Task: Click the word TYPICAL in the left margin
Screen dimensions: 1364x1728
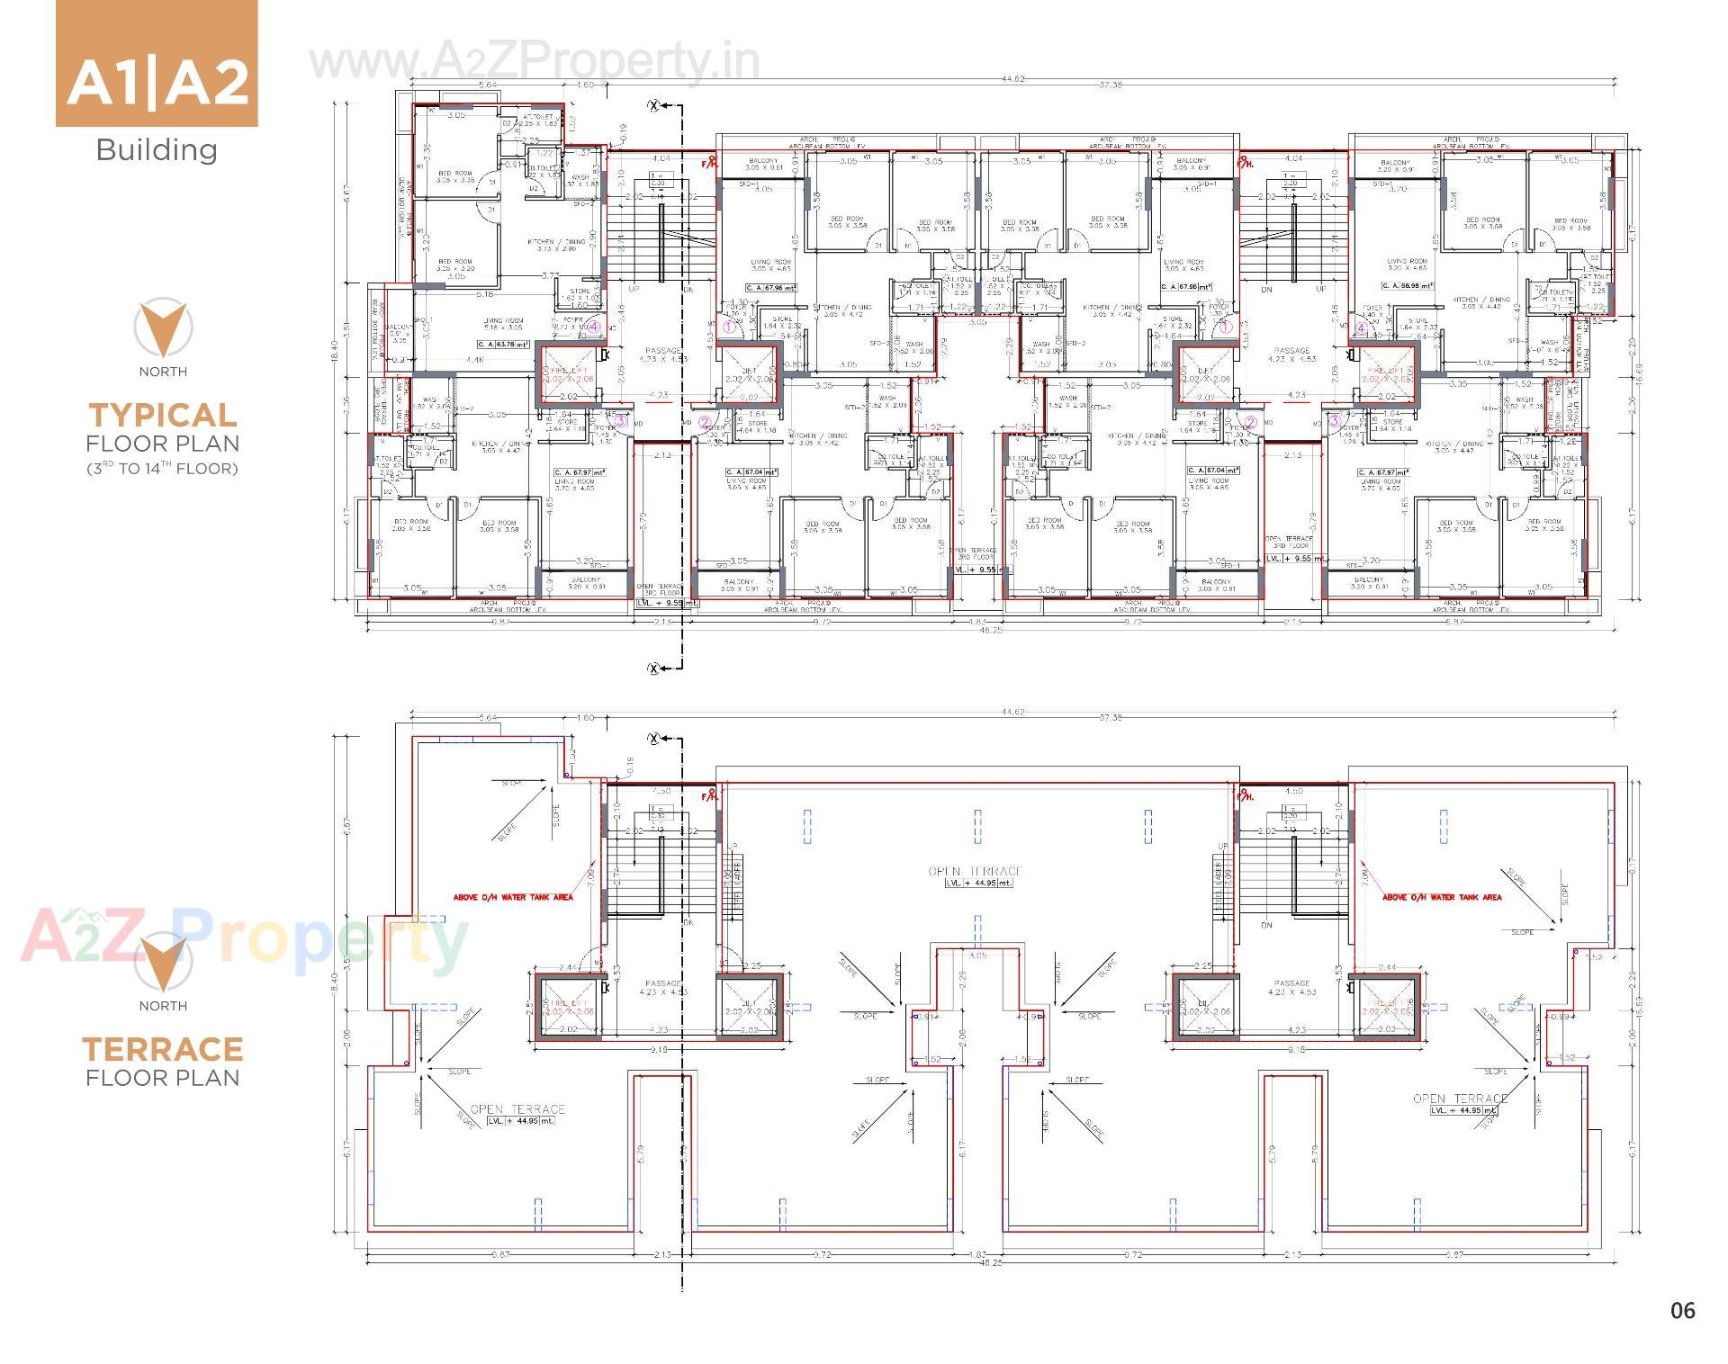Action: click(x=163, y=415)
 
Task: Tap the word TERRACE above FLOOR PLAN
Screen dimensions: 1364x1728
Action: click(x=163, y=1049)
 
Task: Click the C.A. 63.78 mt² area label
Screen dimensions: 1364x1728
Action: click(x=503, y=344)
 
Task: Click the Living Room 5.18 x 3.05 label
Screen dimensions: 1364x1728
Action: click(x=503, y=324)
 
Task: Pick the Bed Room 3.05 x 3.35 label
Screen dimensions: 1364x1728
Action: click(x=454, y=176)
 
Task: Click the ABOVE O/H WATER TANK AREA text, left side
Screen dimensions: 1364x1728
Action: click(x=512, y=897)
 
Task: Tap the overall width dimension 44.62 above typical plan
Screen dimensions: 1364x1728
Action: click(x=1012, y=79)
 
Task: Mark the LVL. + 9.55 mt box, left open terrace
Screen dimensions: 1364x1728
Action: click(x=667, y=603)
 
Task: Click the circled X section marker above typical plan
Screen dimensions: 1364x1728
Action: click(x=654, y=106)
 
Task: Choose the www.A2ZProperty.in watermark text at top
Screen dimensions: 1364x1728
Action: click(x=534, y=61)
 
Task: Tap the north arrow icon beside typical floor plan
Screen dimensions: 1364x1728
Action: click(x=163, y=328)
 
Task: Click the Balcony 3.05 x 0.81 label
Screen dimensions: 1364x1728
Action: click(x=763, y=164)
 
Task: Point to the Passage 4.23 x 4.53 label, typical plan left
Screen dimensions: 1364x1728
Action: click(x=663, y=354)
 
